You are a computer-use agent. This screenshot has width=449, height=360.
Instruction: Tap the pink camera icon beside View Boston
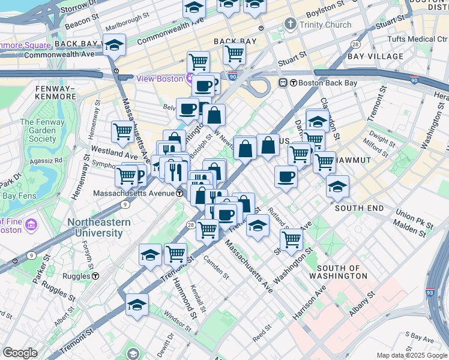click(190, 78)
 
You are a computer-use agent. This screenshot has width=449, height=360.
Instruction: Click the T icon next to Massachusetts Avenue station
click(179, 194)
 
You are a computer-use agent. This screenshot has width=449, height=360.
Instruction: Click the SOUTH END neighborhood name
click(359, 208)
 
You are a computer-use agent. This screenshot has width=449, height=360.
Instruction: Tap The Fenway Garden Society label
click(38, 130)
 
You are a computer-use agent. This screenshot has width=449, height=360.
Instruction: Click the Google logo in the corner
click(19, 353)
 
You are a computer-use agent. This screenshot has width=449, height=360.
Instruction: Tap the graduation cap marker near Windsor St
click(137, 304)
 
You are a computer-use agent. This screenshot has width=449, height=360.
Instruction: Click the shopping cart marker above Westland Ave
click(122, 131)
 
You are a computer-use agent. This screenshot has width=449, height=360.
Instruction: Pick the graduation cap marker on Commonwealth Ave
click(114, 45)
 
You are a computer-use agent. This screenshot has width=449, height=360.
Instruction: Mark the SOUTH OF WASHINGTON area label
click(338, 272)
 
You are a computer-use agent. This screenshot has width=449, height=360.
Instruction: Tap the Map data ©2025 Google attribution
click(411, 355)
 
